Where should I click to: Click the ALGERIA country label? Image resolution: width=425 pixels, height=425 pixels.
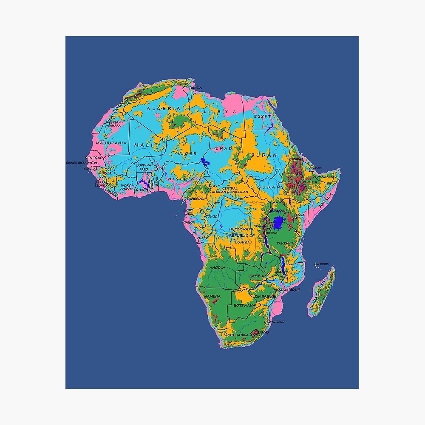164,109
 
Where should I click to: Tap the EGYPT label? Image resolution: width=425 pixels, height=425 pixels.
262,116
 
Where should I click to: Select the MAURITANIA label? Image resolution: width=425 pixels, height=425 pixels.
111,143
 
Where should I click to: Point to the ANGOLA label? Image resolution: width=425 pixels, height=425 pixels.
217,268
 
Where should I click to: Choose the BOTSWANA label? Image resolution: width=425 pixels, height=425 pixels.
244,305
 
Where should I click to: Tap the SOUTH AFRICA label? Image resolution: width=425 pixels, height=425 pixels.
236,335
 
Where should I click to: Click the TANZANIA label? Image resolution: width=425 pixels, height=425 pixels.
285,243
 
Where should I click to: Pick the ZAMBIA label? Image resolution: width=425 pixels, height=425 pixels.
257,276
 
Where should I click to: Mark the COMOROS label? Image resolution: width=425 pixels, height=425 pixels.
321,264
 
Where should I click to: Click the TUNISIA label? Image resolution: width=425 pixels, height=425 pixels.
195,88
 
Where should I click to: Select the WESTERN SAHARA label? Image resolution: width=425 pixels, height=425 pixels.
114,124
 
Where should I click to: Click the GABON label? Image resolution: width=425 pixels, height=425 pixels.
190,222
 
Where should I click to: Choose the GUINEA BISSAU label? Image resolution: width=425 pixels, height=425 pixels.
77,162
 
